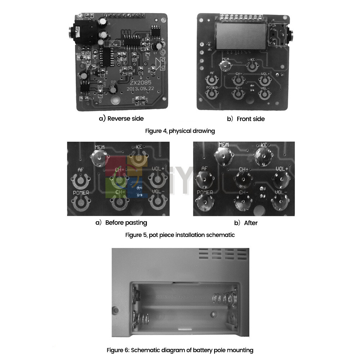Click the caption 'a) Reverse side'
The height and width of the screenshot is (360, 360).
pyautogui.click(x=121, y=118)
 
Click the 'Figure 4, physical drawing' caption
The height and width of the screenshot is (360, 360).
pyautogui.click(x=180, y=131)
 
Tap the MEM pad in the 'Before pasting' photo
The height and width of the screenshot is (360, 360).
pyautogui.click(x=99, y=157)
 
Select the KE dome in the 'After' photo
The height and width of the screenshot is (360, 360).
pyautogui.click(x=263, y=156)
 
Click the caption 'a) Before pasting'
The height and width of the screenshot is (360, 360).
pyautogui.click(x=121, y=222)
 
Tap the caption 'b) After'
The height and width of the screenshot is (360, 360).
pyautogui.click(x=246, y=223)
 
